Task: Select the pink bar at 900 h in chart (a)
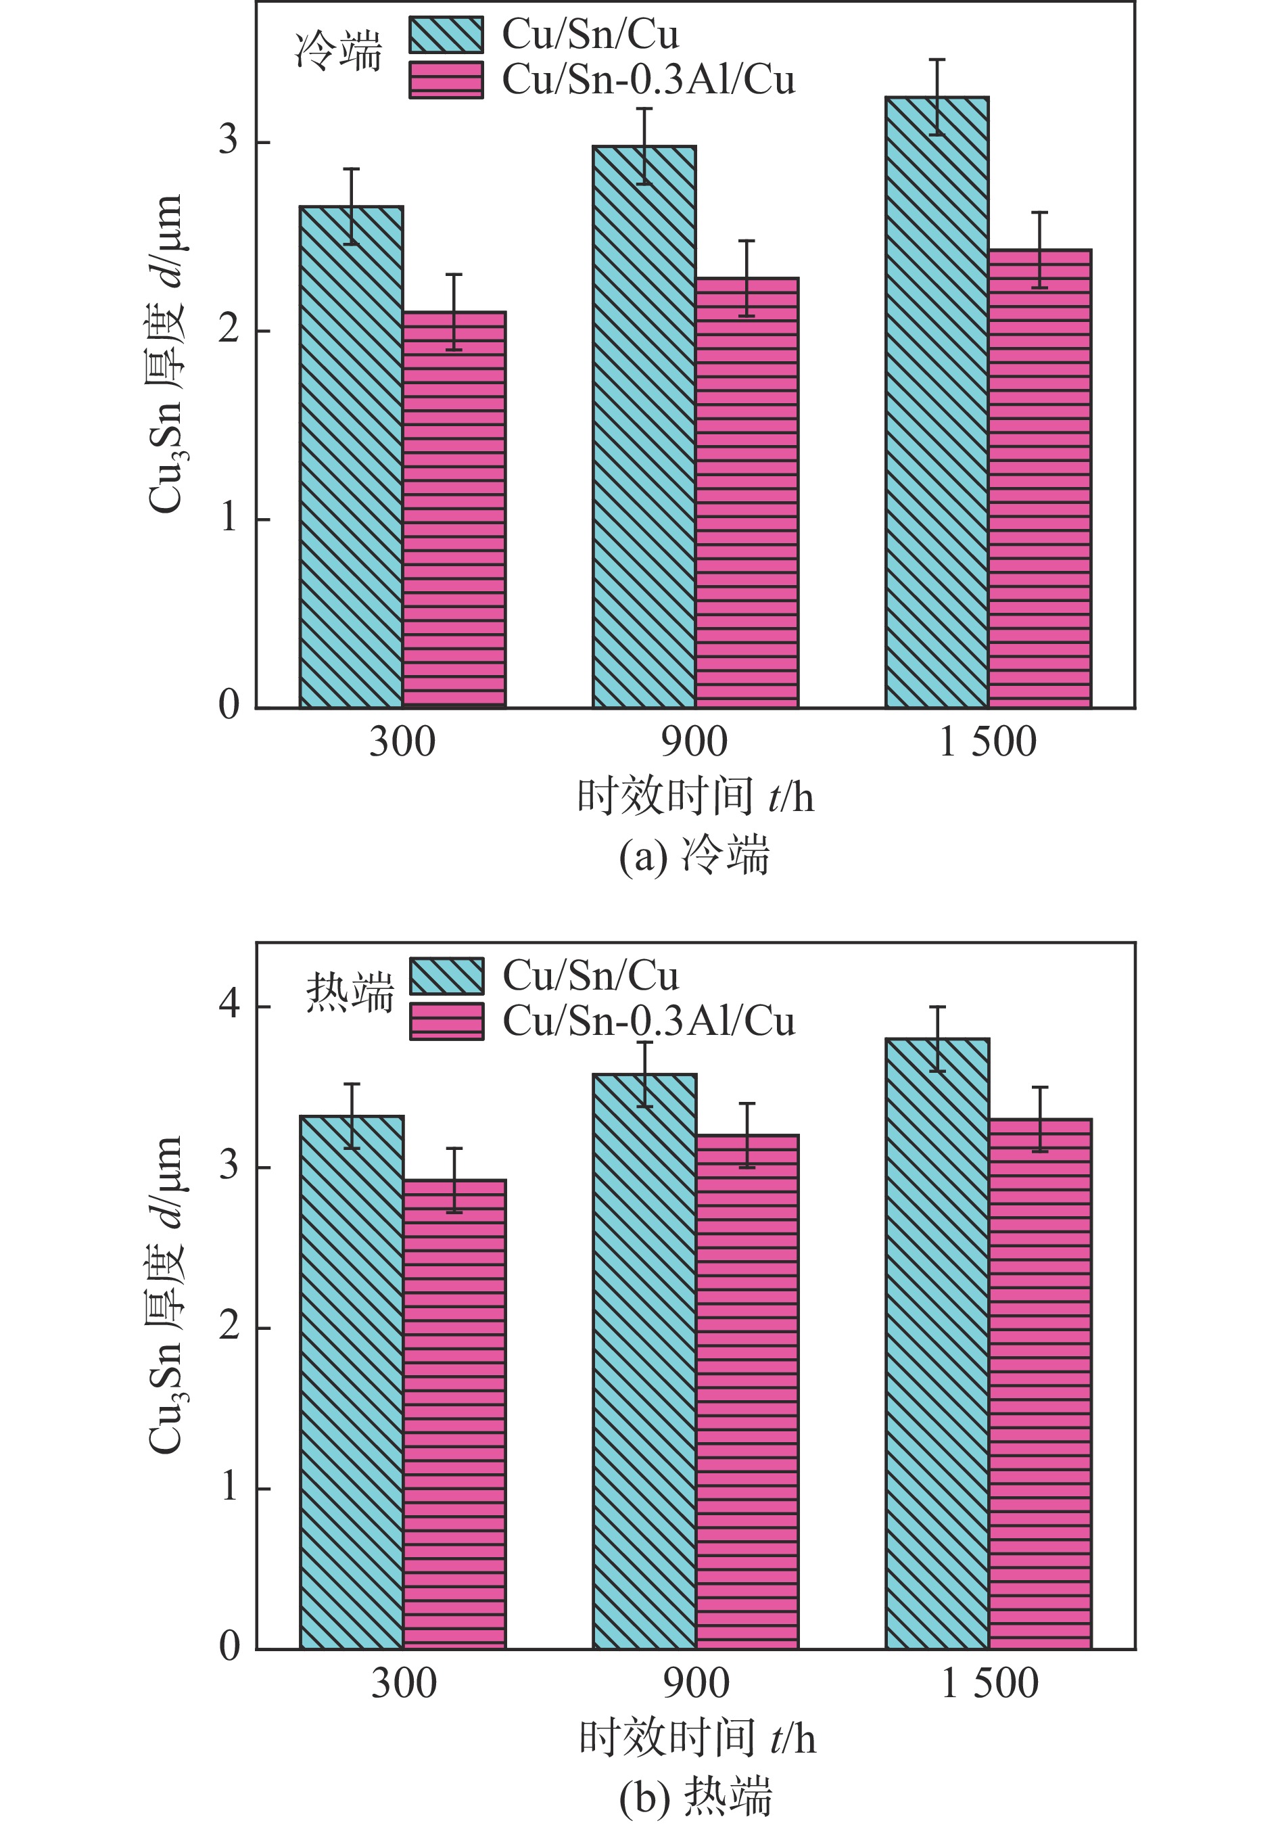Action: pyautogui.click(x=747, y=493)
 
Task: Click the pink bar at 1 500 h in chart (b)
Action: pyautogui.click(x=1039, y=1383)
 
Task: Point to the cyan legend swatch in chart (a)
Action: pyautogui.click(x=446, y=35)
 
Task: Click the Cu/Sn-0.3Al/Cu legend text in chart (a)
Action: pyautogui.click(x=648, y=80)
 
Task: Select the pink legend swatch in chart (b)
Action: pyautogui.click(x=447, y=1021)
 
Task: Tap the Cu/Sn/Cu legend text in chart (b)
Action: pyautogui.click(x=590, y=976)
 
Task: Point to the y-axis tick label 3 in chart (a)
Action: pyautogui.click(x=229, y=141)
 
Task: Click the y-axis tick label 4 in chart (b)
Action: pyautogui.click(x=229, y=1004)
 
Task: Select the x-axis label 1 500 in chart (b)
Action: pyautogui.click(x=989, y=1684)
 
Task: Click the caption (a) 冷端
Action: pyautogui.click(x=694, y=858)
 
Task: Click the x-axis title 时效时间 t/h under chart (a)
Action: pyautogui.click(x=695, y=798)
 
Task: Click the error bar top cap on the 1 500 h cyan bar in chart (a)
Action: pyautogui.click(x=937, y=60)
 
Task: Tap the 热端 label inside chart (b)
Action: pyautogui.click(x=350, y=993)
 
